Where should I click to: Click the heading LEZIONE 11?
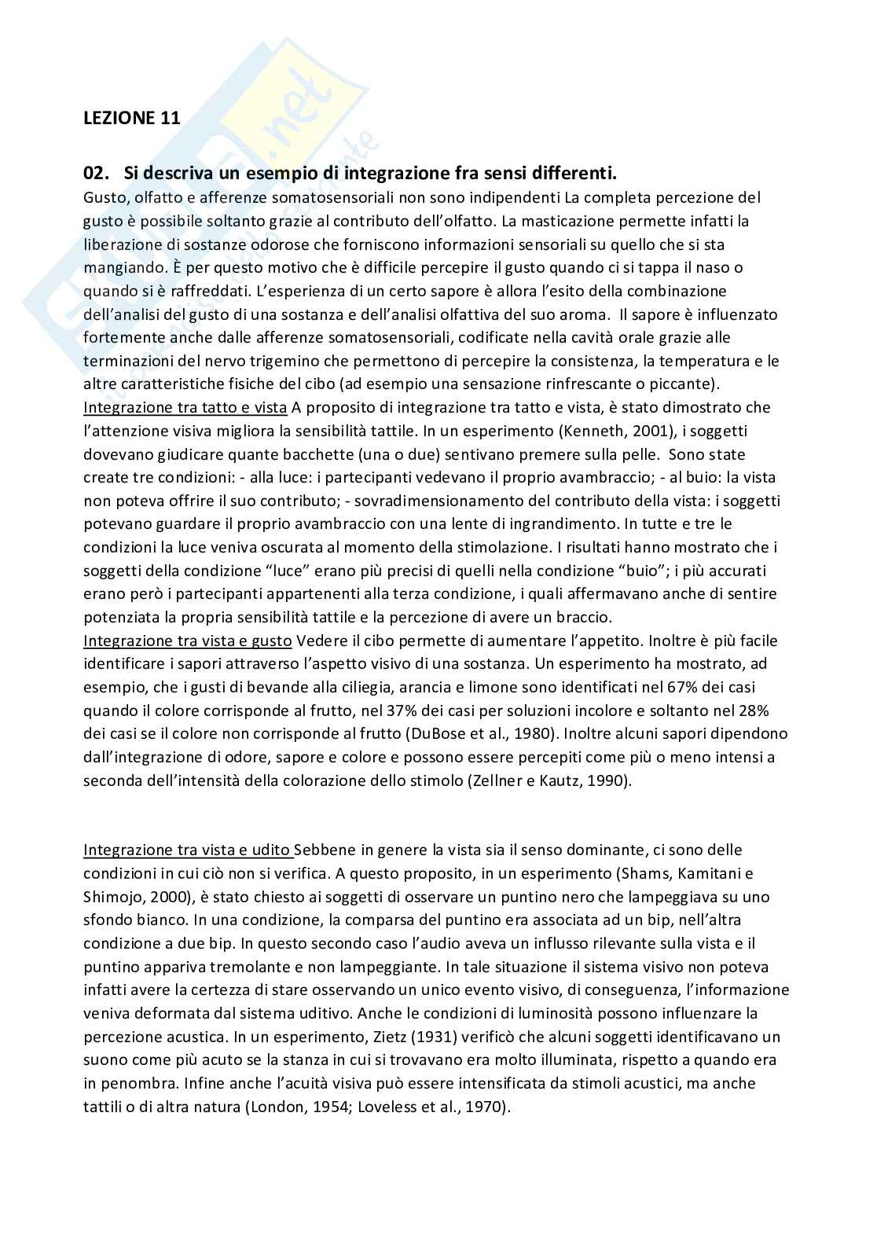pos(131,119)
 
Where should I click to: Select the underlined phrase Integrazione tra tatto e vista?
pos(185,407)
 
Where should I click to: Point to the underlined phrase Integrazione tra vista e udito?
pos(187,850)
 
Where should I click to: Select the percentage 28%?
pos(752,710)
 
